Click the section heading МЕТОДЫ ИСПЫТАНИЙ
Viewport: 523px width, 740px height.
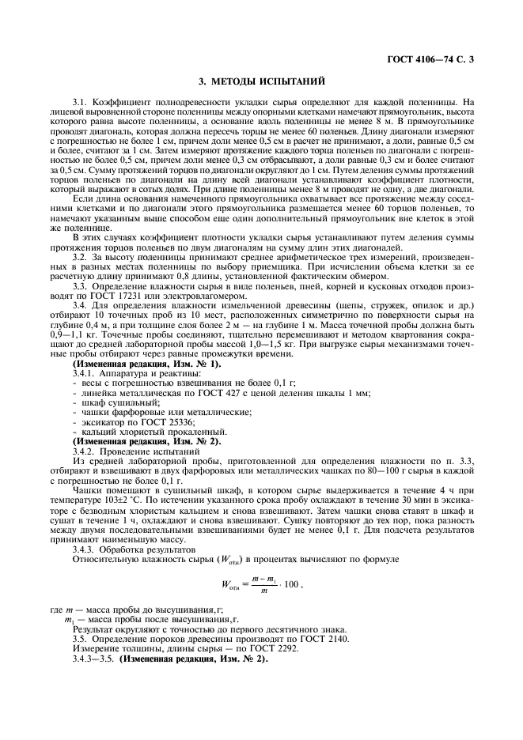click(261, 81)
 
